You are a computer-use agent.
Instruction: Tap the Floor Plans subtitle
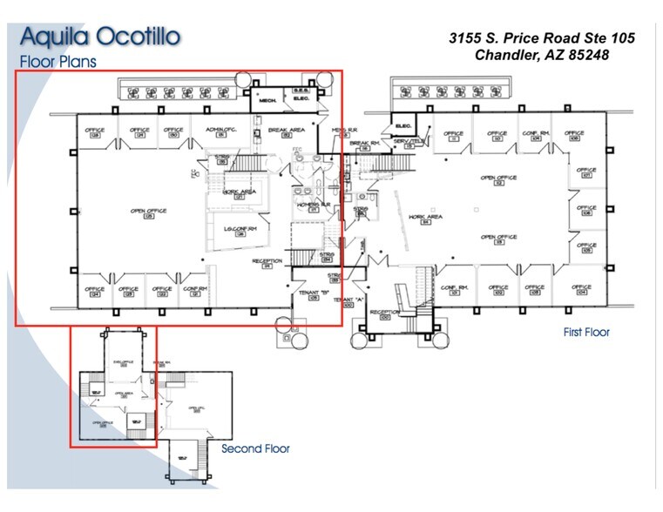click(x=58, y=62)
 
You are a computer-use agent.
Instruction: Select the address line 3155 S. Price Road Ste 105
click(x=541, y=37)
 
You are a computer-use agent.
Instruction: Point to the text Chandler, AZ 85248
click(x=541, y=55)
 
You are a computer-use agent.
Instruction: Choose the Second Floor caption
click(x=255, y=448)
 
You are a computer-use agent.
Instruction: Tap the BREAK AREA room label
click(x=285, y=131)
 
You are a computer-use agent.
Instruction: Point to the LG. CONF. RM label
click(x=240, y=230)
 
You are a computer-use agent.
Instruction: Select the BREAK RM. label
click(x=363, y=143)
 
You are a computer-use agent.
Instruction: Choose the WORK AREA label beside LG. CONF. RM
click(x=238, y=192)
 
